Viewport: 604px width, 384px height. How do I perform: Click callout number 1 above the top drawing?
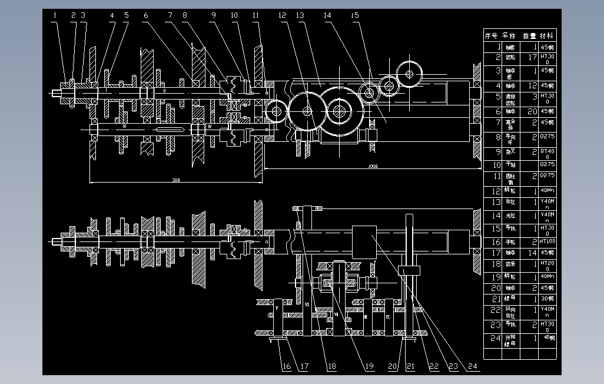pos(54,15)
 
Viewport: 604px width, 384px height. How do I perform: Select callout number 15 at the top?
pos(354,15)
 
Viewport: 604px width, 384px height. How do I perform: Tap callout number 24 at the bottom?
pos(472,366)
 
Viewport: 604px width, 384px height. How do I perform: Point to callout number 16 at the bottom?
pos(287,366)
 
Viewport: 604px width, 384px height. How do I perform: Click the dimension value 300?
pos(175,180)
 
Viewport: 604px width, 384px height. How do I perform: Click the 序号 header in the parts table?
pos(491,36)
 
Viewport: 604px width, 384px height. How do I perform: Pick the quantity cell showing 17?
pos(533,58)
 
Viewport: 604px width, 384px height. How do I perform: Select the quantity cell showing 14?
pos(533,253)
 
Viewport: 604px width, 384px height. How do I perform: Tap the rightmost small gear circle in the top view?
pos(410,73)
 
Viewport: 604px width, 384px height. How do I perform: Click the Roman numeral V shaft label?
pos(277,307)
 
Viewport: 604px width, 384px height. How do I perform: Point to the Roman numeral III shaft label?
pos(125,126)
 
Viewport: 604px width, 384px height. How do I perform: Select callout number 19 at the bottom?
pos(369,366)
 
